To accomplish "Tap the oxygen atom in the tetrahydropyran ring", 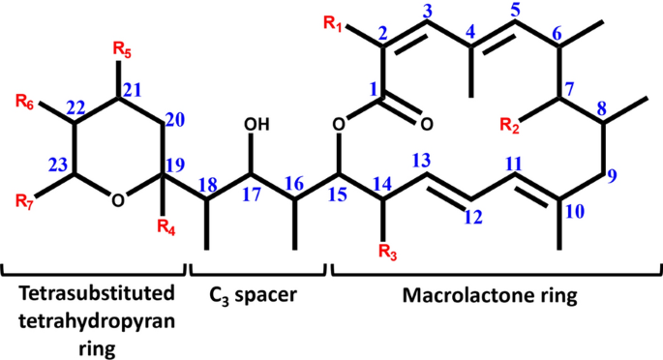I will (x=117, y=201).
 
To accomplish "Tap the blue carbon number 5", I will (x=515, y=13).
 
